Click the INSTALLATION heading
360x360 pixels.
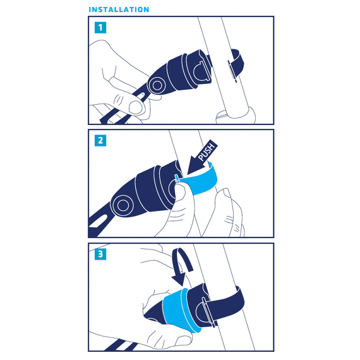coord(119,9)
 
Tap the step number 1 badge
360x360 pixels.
coord(100,28)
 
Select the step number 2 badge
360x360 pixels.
coord(100,140)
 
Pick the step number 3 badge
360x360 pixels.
coord(100,254)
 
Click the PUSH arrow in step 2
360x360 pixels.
coord(202,157)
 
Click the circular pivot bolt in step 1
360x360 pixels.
coord(157,85)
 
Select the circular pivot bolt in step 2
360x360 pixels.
coord(123,205)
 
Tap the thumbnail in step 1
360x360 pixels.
coord(135,107)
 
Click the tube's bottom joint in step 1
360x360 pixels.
coord(236,116)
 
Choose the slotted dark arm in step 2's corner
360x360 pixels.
coord(99,223)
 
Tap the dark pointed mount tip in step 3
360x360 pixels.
coord(153,315)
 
